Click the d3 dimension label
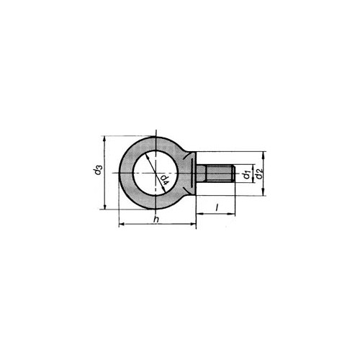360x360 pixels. click(99, 169)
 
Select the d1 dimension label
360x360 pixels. click(247, 174)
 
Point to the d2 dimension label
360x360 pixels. click(259, 174)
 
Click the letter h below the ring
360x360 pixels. click(156, 219)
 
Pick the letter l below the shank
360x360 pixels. click(217, 207)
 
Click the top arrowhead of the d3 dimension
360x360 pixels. click(104, 139)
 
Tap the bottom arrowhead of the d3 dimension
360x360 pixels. click(104, 206)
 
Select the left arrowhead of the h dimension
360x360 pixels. click(122, 224)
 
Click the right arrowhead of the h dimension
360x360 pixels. click(193, 224)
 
